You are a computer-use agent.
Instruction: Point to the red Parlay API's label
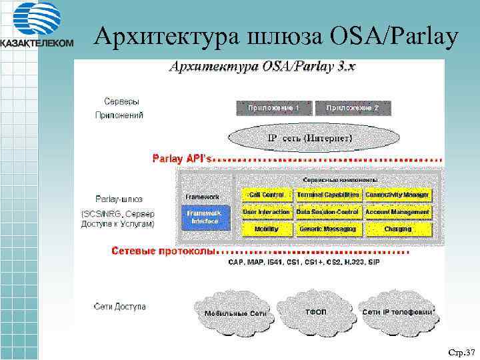coord(182,159)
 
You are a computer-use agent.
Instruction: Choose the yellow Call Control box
coord(267,195)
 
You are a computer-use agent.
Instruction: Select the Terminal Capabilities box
coord(329,195)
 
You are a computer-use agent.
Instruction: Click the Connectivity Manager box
coord(398,195)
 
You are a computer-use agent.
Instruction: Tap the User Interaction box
coord(267,212)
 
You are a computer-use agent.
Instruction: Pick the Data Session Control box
coord(329,212)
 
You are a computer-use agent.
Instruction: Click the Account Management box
coord(398,212)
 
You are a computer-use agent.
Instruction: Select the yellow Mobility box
coord(267,229)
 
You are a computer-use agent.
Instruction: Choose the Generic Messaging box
coord(329,229)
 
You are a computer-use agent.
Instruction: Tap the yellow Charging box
coord(398,229)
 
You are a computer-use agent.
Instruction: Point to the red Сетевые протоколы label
coord(163,251)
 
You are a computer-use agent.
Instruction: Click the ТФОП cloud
coord(315,312)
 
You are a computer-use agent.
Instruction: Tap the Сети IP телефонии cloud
coord(397,312)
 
